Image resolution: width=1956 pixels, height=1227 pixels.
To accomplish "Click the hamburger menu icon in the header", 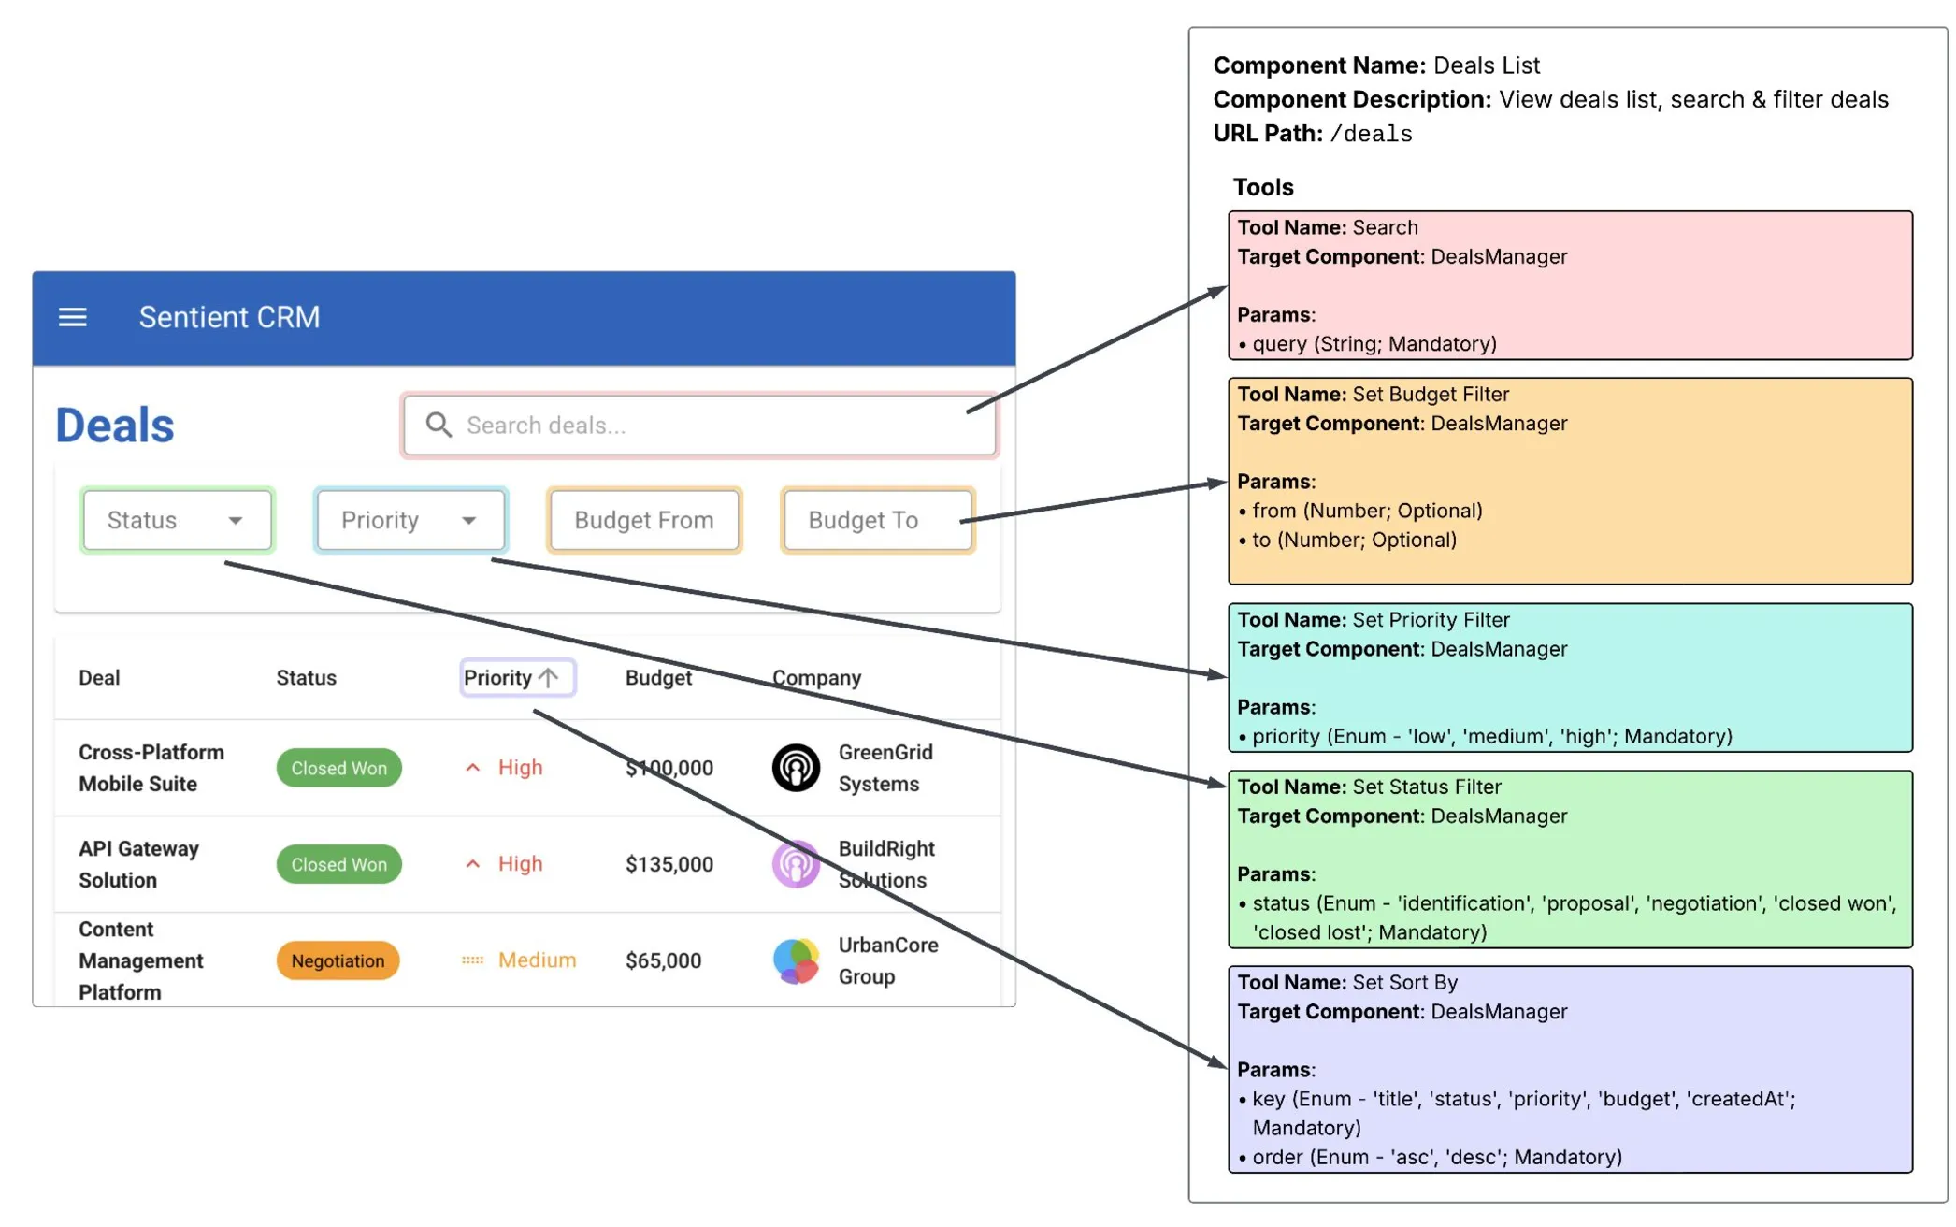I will [73, 317].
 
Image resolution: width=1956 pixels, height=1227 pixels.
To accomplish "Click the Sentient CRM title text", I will [229, 317].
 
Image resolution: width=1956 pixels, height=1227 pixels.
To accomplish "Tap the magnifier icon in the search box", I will [439, 425].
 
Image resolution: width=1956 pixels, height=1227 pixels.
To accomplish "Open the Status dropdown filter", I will [177, 520].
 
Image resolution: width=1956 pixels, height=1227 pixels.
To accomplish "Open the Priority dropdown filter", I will [410, 520].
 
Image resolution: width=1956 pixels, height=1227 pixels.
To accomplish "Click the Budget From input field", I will [644, 520].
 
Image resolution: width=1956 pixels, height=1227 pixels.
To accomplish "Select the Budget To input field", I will [877, 520].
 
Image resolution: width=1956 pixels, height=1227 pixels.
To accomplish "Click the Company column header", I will [816, 677].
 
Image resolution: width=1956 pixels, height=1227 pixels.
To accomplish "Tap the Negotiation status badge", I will [338, 960].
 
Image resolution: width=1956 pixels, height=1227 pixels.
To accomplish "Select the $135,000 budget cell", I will [669, 864].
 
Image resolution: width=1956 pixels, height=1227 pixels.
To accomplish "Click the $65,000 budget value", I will [664, 960].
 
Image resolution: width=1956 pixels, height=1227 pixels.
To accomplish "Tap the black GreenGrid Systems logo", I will [796, 768].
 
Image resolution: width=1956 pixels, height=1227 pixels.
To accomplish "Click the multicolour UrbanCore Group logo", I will [796, 960].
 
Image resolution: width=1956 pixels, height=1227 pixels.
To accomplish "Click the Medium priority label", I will [536, 960].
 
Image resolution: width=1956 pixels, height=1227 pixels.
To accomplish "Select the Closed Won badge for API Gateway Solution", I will [338, 864].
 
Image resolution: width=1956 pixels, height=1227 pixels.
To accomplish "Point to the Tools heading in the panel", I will [1262, 187].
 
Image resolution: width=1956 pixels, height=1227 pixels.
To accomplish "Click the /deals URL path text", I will [1370, 134].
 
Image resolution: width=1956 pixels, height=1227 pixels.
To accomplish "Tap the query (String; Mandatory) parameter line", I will [1374, 344].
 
